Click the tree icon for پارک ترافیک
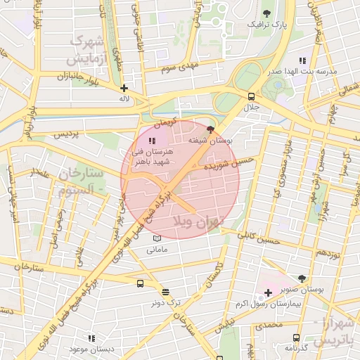click(266, 13)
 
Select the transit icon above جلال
click(251, 96)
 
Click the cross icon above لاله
click(124, 89)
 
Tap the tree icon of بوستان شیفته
click(211, 129)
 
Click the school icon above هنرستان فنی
click(153, 141)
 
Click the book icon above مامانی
click(156, 238)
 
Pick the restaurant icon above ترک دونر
click(165, 292)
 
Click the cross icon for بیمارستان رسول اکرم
click(268, 292)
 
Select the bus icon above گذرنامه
click(297, 337)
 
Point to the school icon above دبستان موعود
click(91, 338)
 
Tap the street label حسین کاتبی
click(260, 241)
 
